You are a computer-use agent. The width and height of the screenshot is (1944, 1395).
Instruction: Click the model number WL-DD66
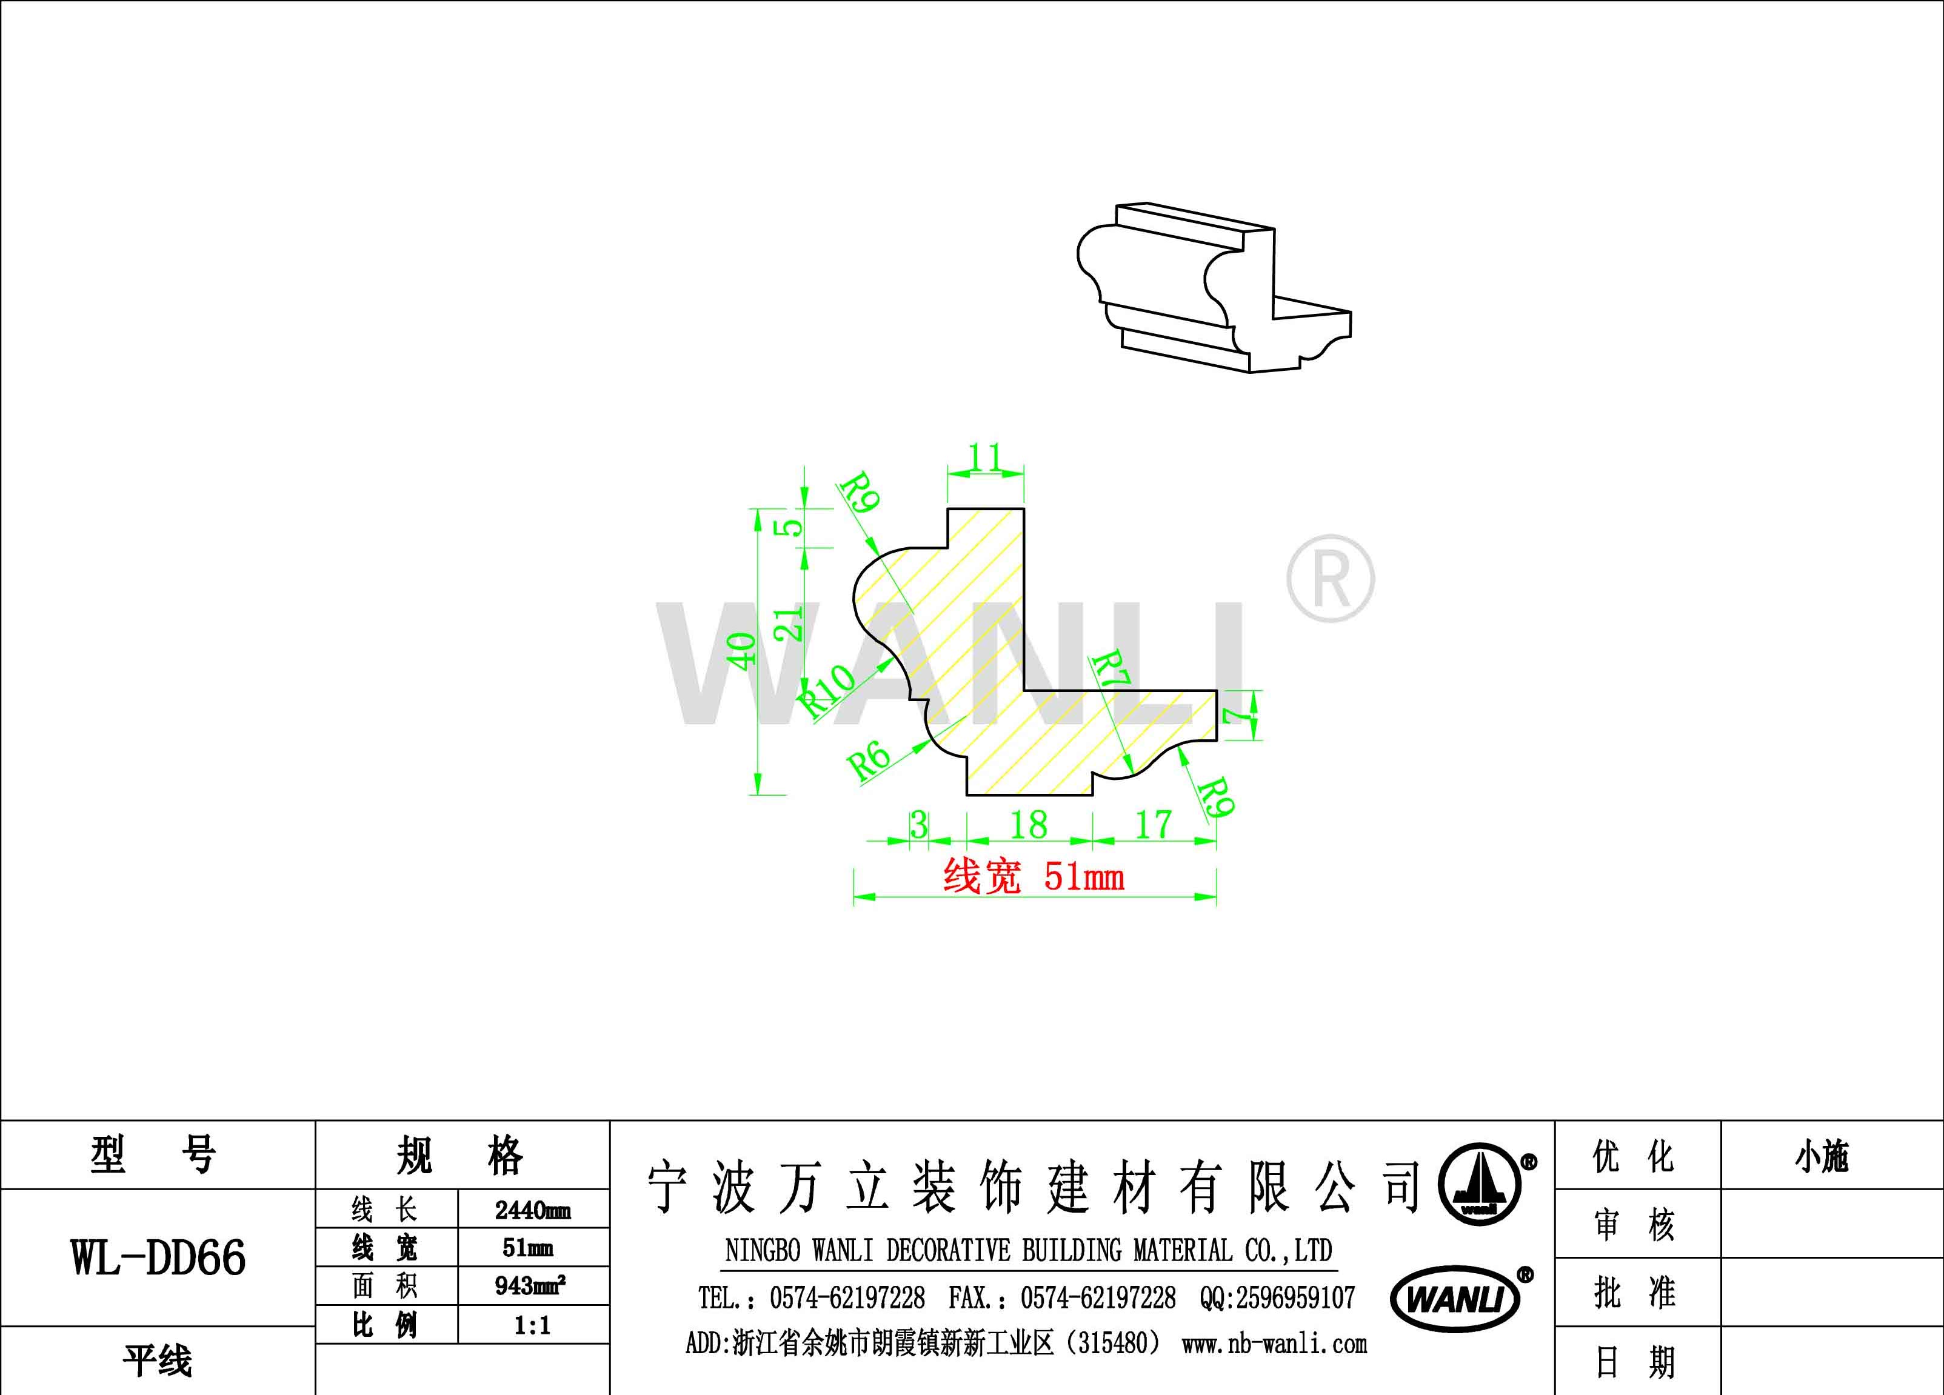click(159, 1257)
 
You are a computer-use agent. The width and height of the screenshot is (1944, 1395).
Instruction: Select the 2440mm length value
click(532, 1210)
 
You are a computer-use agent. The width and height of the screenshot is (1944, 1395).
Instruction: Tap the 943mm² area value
click(530, 1285)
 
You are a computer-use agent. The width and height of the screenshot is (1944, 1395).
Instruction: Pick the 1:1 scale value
click(532, 1325)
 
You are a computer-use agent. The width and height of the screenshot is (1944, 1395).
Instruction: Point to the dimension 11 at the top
click(985, 458)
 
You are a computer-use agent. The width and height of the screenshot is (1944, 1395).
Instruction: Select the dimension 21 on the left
click(789, 623)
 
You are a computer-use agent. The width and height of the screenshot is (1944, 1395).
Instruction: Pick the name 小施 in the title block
click(1822, 1157)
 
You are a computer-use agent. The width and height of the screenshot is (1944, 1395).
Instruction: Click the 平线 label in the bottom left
click(158, 1360)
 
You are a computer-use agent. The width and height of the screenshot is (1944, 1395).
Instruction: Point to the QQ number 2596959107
click(1277, 1298)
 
